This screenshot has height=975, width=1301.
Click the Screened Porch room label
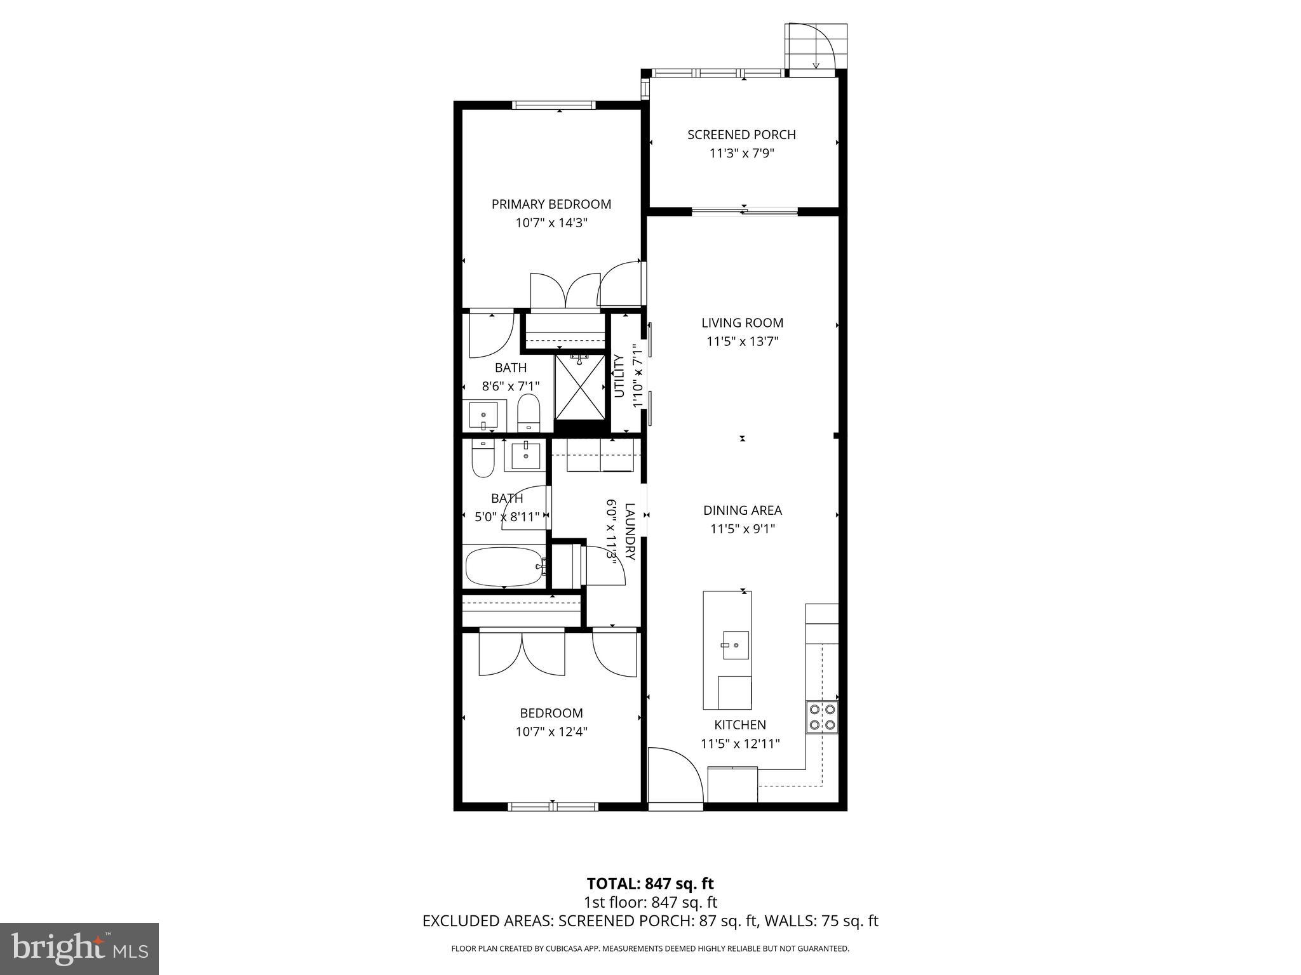click(x=741, y=135)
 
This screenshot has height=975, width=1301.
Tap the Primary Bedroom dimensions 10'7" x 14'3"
click(x=551, y=223)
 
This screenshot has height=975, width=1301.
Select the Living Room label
click(x=742, y=322)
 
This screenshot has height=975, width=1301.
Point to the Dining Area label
click(x=742, y=510)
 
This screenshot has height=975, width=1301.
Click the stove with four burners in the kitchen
click(x=822, y=717)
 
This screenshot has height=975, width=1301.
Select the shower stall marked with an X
click(x=580, y=387)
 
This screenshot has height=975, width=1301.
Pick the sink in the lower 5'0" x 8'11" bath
click(x=525, y=456)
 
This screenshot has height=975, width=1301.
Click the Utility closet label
click(x=619, y=376)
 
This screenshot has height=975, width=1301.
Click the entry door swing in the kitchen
click(x=673, y=774)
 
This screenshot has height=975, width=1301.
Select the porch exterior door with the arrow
click(x=816, y=48)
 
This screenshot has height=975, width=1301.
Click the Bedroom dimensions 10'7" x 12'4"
click(x=551, y=731)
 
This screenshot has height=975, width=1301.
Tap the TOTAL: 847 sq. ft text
click(x=650, y=883)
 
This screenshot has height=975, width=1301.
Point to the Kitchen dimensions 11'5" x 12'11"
click(x=740, y=743)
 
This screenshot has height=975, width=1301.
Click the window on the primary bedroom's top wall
click(x=554, y=105)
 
